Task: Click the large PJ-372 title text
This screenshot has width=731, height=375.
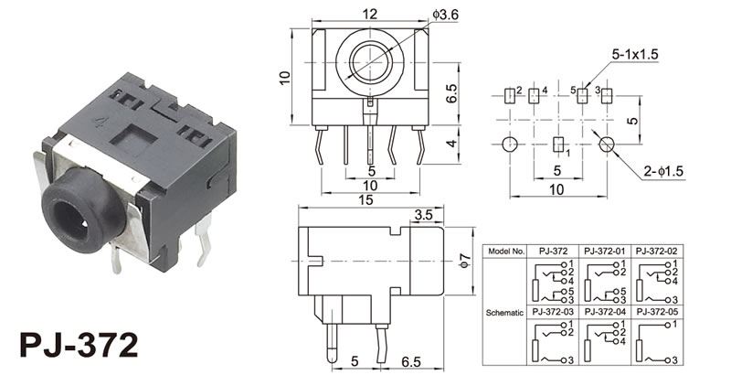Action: tap(79, 345)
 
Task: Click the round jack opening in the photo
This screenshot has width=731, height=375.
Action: tap(71, 220)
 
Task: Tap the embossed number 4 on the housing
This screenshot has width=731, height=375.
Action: tap(99, 123)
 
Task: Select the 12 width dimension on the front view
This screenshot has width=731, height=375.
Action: tap(371, 14)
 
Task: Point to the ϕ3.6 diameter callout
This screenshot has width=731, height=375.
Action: tap(446, 15)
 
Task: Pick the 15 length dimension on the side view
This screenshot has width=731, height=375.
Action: tap(366, 199)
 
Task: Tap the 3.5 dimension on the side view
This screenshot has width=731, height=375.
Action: tap(423, 215)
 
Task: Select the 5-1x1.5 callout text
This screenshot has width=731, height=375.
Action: tap(635, 54)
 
